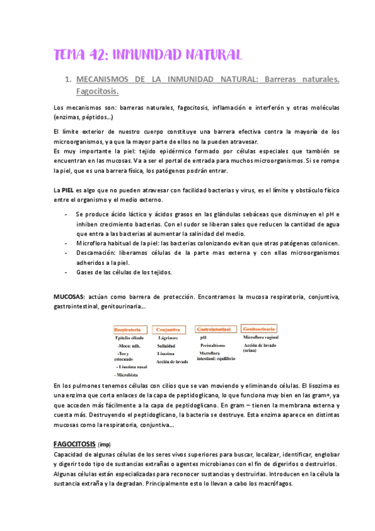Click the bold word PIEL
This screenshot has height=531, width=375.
[x=69, y=189]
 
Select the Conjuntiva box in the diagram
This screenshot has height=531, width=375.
[x=171, y=329]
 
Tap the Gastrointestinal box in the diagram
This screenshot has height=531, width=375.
[x=216, y=329]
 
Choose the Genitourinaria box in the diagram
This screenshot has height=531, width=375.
[x=260, y=329]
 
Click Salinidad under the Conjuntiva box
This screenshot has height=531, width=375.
[x=167, y=345]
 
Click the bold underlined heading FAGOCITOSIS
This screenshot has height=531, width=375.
[x=74, y=444]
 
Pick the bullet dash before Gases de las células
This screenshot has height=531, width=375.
[x=67, y=272]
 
